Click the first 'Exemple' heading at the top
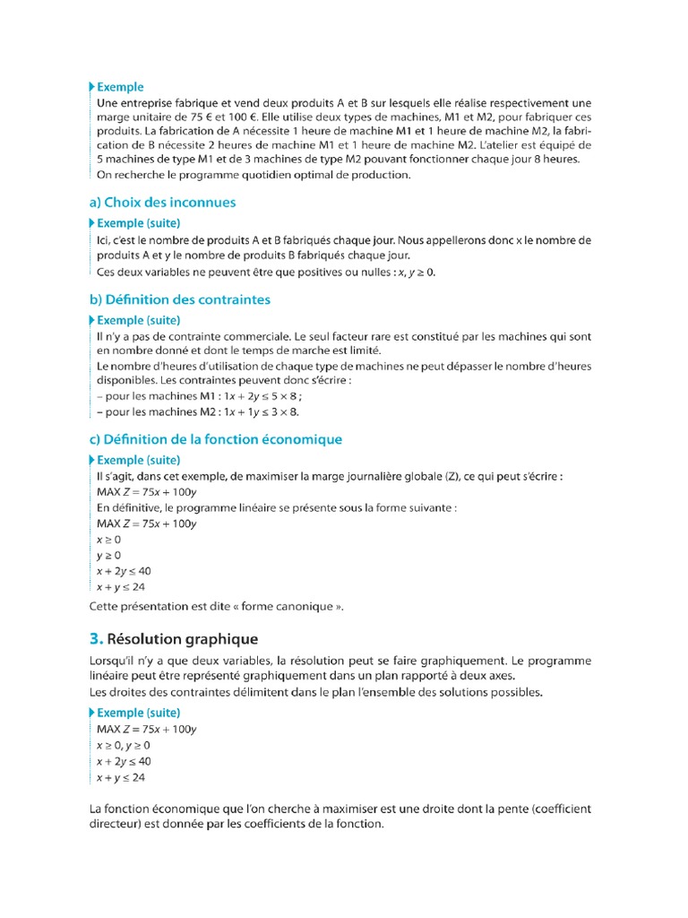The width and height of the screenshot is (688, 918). (x=119, y=87)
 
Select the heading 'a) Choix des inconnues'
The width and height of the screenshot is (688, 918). (x=163, y=203)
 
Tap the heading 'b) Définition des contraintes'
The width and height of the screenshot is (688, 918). (x=180, y=299)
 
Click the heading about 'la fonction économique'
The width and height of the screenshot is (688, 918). (x=216, y=439)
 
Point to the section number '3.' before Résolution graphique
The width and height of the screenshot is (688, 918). (x=97, y=639)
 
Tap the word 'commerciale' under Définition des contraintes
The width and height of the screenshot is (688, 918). (x=251, y=336)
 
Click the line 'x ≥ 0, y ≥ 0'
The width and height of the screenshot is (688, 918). (x=124, y=745)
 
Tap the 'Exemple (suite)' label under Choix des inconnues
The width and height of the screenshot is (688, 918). (x=138, y=222)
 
